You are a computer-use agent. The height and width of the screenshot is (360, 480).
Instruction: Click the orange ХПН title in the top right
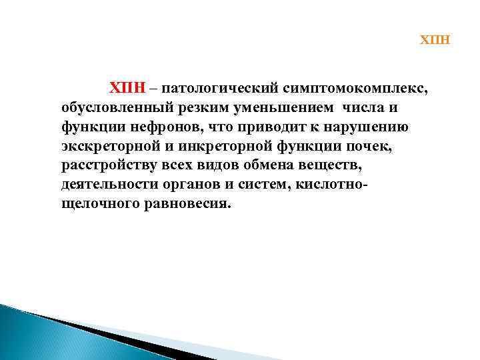435,40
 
